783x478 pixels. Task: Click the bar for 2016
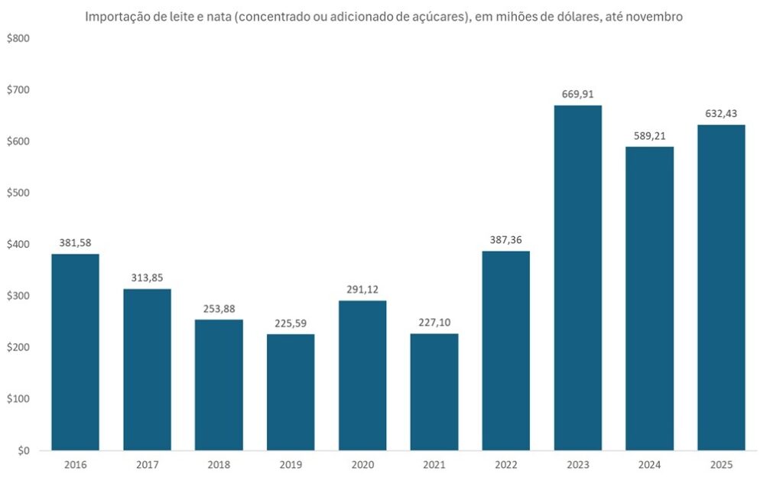tap(75, 352)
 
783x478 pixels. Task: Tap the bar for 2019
tap(291, 392)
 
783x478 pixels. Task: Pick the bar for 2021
tap(434, 392)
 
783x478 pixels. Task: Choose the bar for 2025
tap(721, 288)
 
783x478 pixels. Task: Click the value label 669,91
tap(577, 95)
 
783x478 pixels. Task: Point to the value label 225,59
tap(291, 324)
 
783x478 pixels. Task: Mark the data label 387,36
tap(505, 240)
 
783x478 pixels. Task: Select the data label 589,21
tap(649, 136)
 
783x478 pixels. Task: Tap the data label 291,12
tap(362, 290)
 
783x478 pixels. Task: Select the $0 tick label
tap(21, 450)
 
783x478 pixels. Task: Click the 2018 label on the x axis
tap(219, 464)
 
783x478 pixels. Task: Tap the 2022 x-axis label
tap(505, 464)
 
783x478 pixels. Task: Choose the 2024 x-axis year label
tap(649, 464)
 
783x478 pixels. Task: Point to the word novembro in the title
tap(655, 16)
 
